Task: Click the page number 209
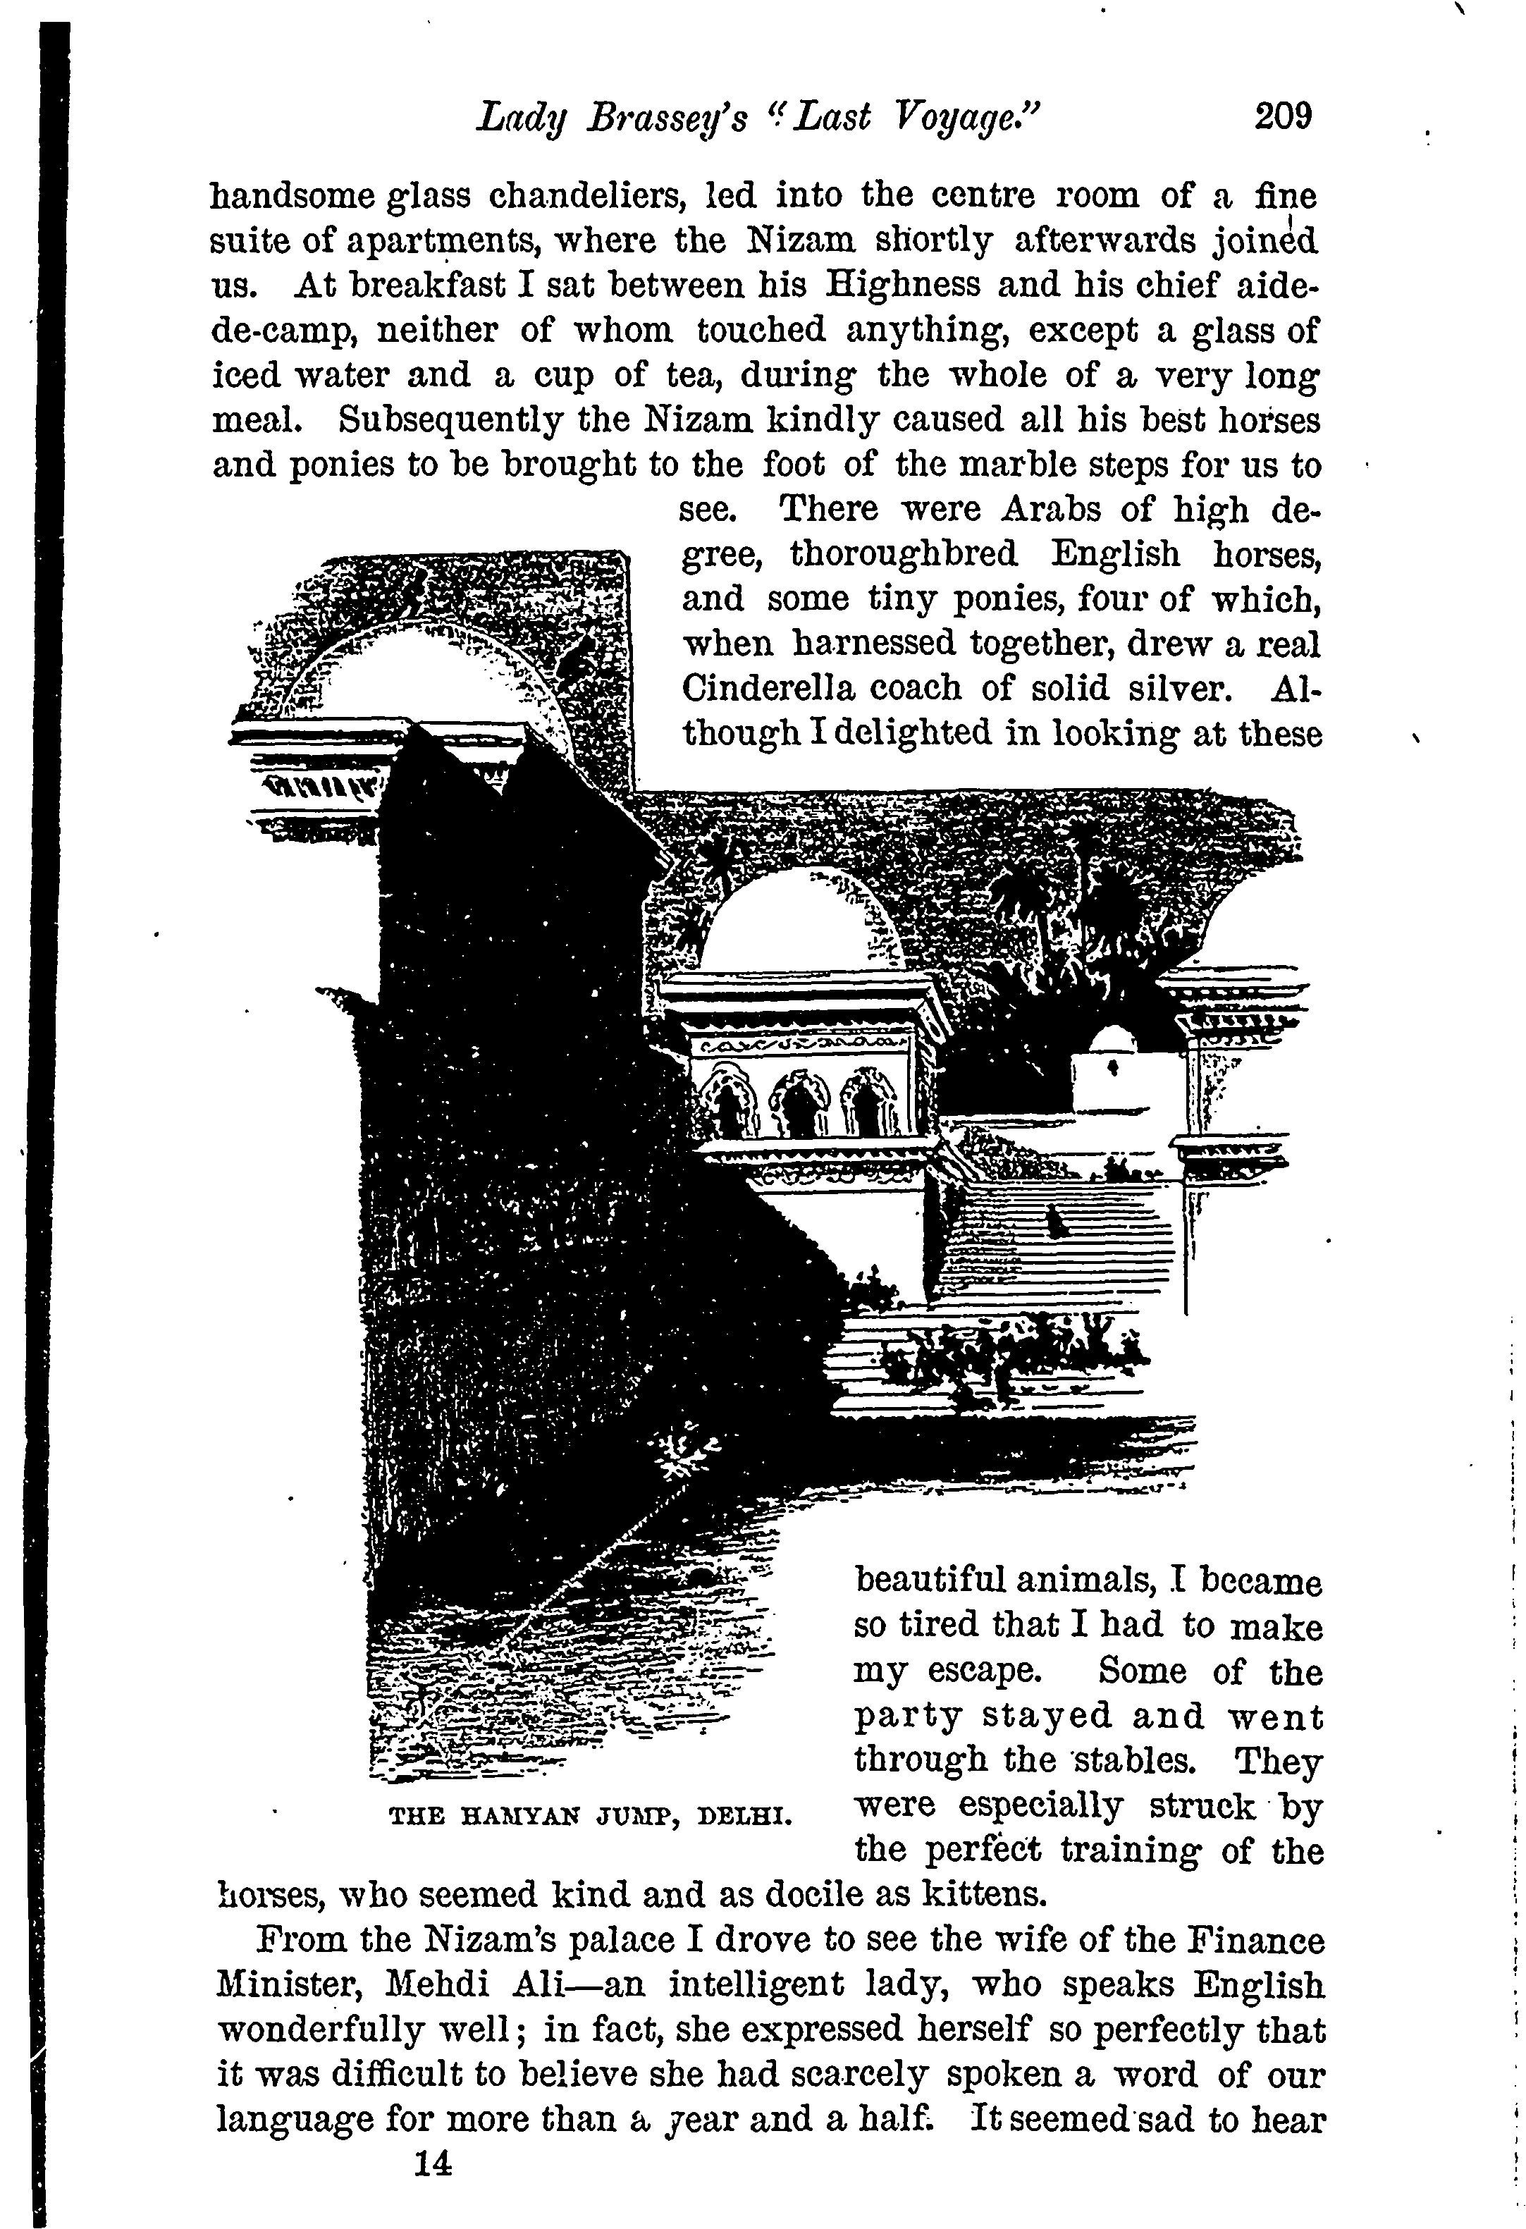(x=1281, y=116)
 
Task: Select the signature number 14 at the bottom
(x=433, y=2165)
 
